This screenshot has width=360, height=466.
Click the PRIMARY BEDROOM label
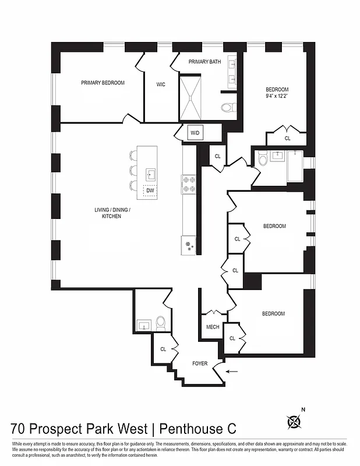click(103, 83)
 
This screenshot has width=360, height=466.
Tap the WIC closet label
click(161, 84)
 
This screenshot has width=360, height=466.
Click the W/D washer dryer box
click(195, 133)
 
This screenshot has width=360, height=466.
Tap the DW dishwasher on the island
click(150, 190)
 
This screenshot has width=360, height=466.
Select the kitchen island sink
click(150, 174)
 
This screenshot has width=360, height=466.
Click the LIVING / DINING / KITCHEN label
click(117, 213)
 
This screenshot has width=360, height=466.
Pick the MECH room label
click(213, 327)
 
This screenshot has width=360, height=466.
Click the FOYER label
click(200, 363)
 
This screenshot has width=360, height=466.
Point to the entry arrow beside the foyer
click(232, 370)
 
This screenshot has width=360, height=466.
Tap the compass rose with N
click(296, 421)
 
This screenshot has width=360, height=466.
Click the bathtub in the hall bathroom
click(292, 168)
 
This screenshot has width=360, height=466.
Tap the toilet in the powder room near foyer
click(161, 323)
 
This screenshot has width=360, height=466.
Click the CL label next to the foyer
click(163, 349)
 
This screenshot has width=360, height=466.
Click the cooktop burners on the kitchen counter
click(189, 184)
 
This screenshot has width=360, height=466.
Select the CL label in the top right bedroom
click(287, 138)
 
